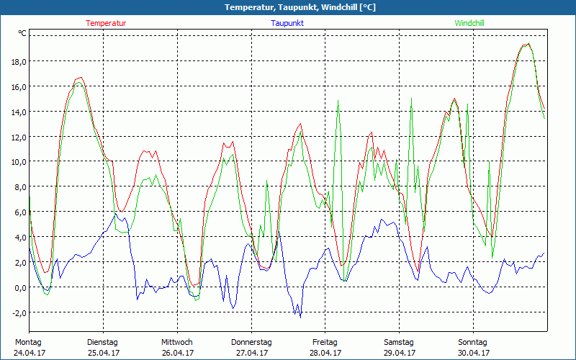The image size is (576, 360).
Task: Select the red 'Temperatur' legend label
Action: pyautogui.click(x=106, y=23)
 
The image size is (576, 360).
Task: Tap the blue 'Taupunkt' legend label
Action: pyautogui.click(x=287, y=23)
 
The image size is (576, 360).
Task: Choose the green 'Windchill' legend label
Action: pyautogui.click(x=469, y=23)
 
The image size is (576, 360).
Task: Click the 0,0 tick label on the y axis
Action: pyautogui.click(x=19, y=287)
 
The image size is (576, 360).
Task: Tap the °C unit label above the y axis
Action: pyautogui.click(x=22, y=33)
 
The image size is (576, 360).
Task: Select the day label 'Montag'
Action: pyautogui.click(x=29, y=342)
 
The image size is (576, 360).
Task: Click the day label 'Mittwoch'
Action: pyautogui.click(x=177, y=342)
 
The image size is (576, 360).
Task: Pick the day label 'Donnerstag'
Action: pyautogui.click(x=251, y=342)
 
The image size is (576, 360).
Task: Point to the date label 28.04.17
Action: pyautogui.click(x=325, y=353)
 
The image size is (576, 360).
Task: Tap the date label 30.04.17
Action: pyautogui.click(x=473, y=353)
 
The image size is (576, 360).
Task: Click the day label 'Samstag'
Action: pyautogui.click(x=399, y=342)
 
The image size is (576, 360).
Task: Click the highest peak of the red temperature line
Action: pyautogui.click(x=528, y=43)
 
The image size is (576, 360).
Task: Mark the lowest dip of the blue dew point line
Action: pyautogui.click(x=300, y=317)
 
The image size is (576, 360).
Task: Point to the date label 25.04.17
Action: pyautogui.click(x=103, y=353)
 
